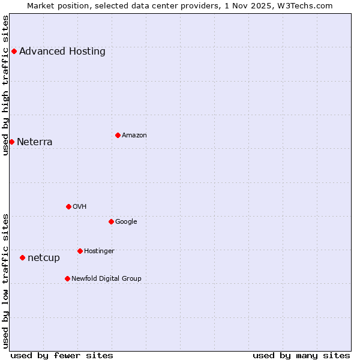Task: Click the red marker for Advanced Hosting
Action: (14, 51)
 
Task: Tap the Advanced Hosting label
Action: (62, 52)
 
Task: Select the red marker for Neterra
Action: (11, 142)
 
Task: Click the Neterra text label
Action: (35, 142)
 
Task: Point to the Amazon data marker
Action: (118, 135)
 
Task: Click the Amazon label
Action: (134, 136)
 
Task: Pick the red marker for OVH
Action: (68, 206)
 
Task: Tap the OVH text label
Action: (80, 207)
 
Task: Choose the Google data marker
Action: (111, 221)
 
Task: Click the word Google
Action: (126, 222)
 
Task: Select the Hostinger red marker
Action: (80, 251)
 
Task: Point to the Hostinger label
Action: (99, 251)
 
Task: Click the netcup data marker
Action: (22, 257)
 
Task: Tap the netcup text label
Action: (44, 258)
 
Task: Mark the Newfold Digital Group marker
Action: (67, 278)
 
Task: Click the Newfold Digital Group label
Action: (106, 279)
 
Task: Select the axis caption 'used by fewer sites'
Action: (62, 356)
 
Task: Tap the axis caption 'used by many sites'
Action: (301, 356)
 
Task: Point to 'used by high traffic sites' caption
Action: (5, 85)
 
